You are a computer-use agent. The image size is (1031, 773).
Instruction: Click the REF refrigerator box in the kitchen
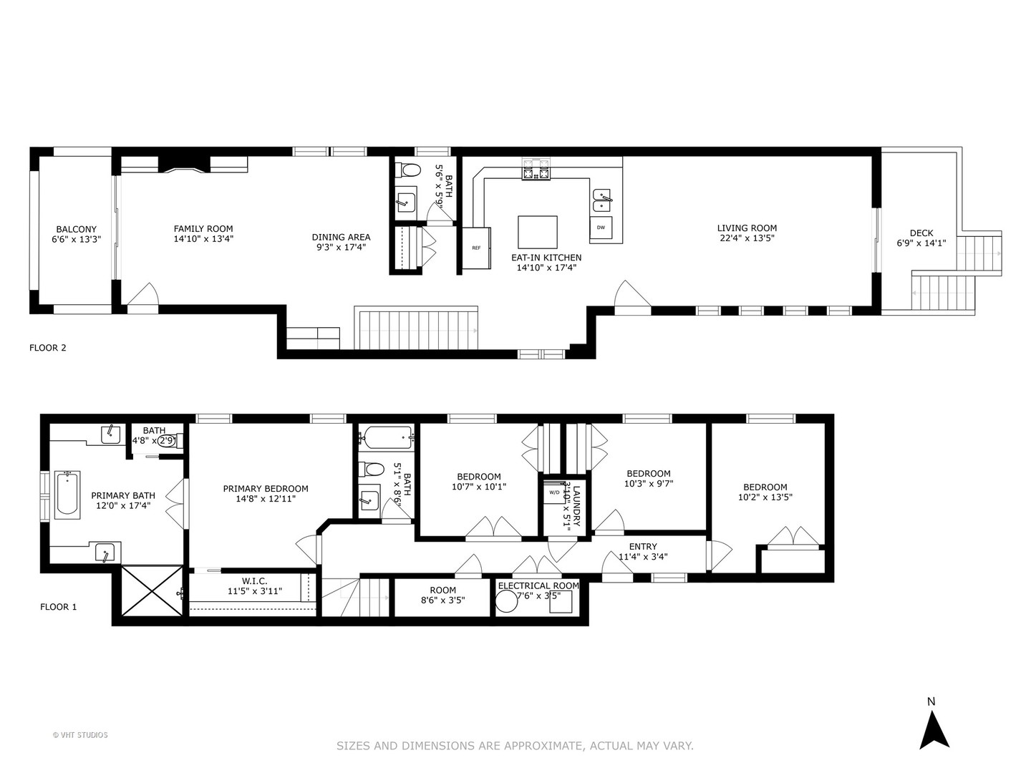coord(476,248)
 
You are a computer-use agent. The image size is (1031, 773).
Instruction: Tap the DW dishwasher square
coord(601,228)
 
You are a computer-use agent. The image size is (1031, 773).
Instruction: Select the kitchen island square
coord(538,232)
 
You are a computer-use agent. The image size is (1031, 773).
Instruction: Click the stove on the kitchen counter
coord(536,170)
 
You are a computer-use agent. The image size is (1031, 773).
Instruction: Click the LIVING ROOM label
coord(747,228)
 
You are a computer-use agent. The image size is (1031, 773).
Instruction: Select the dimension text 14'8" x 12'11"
coord(266,499)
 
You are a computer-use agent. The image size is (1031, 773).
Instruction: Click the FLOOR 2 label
coord(47,348)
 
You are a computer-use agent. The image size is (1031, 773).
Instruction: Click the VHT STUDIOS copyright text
coord(80,734)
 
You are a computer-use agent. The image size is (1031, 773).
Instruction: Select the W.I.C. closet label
coord(254,580)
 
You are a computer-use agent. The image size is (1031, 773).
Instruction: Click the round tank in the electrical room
coord(507,602)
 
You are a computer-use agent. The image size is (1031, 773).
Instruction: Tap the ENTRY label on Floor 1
coord(642,547)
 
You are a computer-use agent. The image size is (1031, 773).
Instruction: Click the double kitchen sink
coord(603,200)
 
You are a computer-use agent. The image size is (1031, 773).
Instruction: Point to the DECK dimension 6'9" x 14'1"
coord(921,243)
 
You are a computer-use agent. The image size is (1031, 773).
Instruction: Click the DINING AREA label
coord(341,237)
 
